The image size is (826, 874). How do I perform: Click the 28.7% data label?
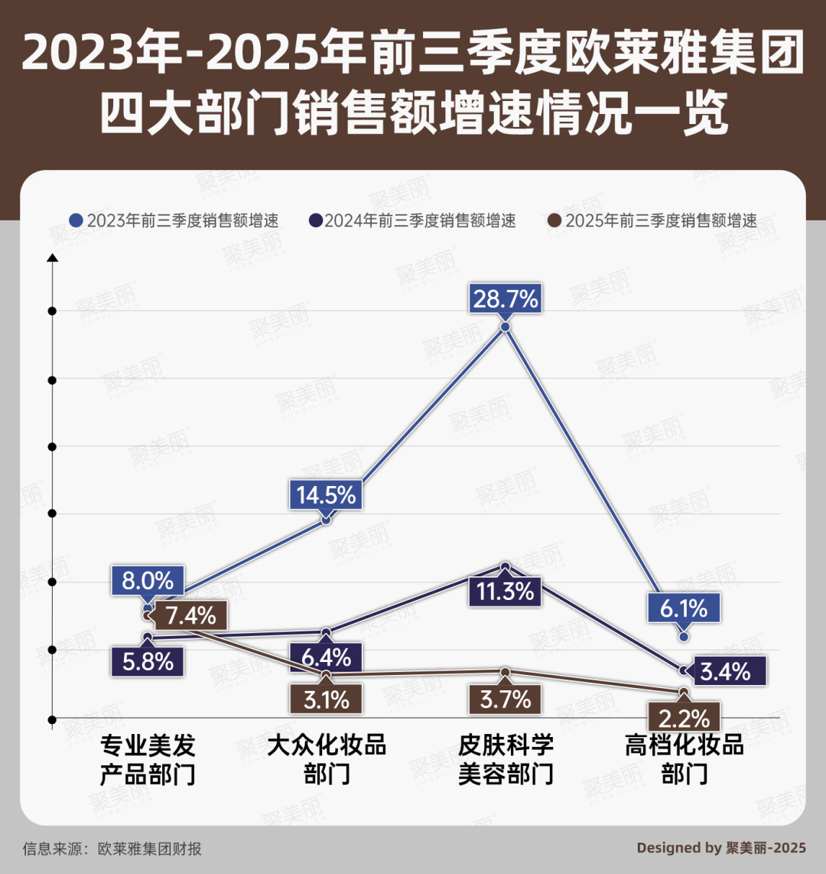coord(506,298)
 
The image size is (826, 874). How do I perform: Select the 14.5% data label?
coord(326,494)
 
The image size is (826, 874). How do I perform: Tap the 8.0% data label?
coord(148,580)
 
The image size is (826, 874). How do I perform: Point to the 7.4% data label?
coord(189,614)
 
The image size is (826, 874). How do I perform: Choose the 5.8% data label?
coord(148,660)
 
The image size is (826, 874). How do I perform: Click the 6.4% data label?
coord(326,657)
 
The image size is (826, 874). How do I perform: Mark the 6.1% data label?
coord(684,608)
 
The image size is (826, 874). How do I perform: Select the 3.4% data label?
coord(724,671)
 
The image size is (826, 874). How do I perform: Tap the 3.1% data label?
coord(326,699)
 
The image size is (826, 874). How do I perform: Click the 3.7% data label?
coord(506,698)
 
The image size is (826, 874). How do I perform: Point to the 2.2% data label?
coord(684,717)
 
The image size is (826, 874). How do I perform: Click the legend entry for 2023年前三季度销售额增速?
coord(174,220)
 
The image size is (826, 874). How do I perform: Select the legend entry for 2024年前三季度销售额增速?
coord(412,220)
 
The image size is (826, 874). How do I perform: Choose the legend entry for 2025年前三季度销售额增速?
coord(653,220)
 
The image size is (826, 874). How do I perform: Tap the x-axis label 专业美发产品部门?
coord(148,759)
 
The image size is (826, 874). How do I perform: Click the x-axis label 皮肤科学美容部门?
coord(506,759)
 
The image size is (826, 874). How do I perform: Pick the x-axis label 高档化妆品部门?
coord(684,759)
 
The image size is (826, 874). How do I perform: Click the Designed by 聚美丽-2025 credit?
coord(721,847)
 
